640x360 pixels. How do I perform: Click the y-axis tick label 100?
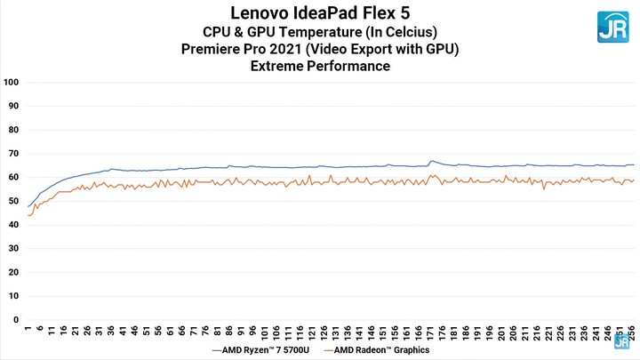click(x=12, y=83)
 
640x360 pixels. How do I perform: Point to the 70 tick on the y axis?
click(x=12, y=154)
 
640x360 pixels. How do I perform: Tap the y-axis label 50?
click(x=12, y=201)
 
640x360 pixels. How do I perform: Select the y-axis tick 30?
click(x=12, y=248)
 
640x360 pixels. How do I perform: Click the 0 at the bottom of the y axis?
click(x=15, y=319)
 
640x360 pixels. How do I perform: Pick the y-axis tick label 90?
click(x=12, y=106)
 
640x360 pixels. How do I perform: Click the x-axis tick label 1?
click(x=28, y=330)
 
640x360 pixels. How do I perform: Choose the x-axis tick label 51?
click(x=147, y=332)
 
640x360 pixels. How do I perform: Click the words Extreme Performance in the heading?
click(x=320, y=66)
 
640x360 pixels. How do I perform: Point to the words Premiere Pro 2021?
click(x=268, y=49)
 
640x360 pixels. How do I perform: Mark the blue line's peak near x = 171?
click(x=432, y=161)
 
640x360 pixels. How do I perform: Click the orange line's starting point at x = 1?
click(x=28, y=215)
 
